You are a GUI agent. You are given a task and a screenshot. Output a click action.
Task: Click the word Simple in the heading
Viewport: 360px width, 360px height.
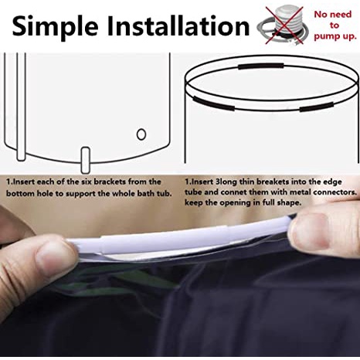pyautogui.click(x=56, y=26)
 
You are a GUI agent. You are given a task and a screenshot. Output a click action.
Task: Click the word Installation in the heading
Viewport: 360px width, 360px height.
pyautogui.click(x=178, y=25)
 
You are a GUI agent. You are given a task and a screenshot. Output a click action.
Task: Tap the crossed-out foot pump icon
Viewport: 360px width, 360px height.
pyautogui.click(x=283, y=25)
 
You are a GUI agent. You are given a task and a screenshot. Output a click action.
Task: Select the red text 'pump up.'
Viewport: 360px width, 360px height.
pyautogui.click(x=335, y=36)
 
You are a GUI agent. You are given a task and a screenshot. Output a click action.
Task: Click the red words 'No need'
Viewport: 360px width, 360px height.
pyautogui.click(x=333, y=14)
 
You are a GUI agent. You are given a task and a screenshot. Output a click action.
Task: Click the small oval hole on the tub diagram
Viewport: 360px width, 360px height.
pyautogui.click(x=141, y=134)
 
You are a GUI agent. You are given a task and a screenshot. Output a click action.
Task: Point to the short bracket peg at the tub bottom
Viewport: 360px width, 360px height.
pyautogui.click(x=86, y=160)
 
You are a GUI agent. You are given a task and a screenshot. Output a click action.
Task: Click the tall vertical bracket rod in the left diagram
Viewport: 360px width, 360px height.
pyautogui.click(x=21, y=107)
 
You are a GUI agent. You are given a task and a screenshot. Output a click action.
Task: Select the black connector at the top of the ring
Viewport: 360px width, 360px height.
pyautogui.click(x=261, y=66)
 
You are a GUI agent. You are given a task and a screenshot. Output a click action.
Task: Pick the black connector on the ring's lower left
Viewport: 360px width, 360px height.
pyautogui.click(x=213, y=103)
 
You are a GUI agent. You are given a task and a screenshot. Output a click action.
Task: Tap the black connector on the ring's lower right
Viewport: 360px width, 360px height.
pyautogui.click(x=317, y=107)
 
